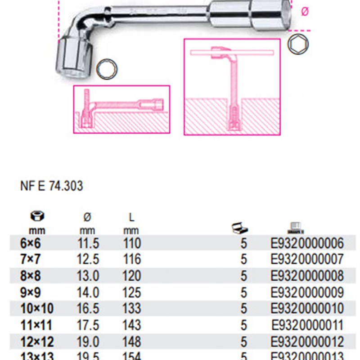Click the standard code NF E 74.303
(x=52, y=186)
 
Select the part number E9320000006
(x=307, y=243)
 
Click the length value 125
(x=131, y=292)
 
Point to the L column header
(x=131, y=217)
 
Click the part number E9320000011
(x=307, y=325)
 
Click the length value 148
(x=131, y=341)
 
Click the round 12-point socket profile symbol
(x=107, y=69)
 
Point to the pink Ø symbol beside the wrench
(x=305, y=13)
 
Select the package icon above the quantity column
(x=238, y=228)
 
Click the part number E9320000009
(x=307, y=292)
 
